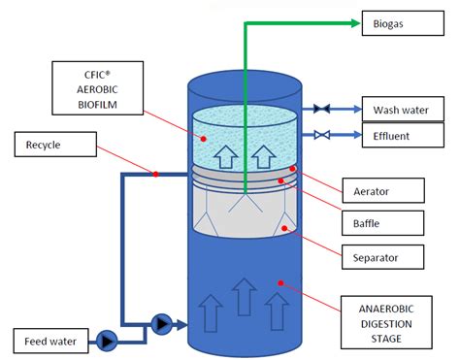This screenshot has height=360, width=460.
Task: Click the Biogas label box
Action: coord(396,23)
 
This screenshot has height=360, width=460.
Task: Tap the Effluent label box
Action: coord(396,136)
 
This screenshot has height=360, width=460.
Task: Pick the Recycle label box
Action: coord(54,147)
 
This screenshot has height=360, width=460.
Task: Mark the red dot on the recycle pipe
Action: coord(155,175)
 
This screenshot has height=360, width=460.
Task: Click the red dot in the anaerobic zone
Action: coord(281,284)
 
